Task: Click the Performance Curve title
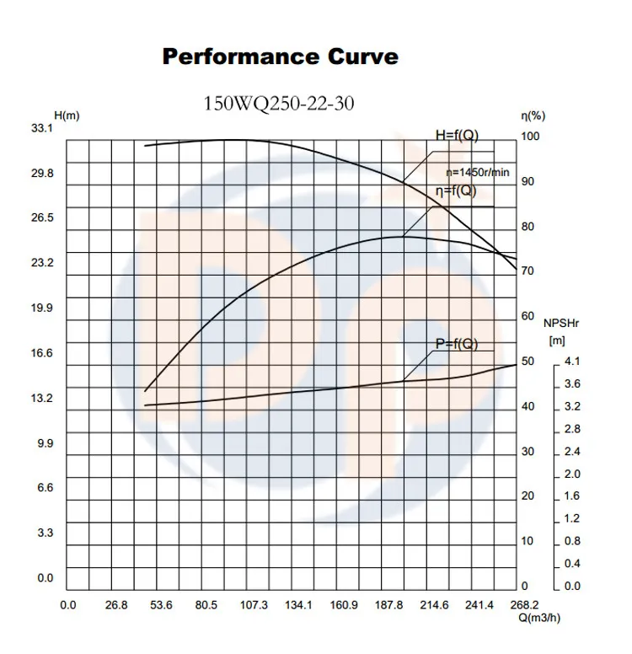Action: click(280, 57)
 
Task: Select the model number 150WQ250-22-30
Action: click(279, 105)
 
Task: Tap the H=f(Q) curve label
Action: click(458, 135)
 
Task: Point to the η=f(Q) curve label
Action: click(456, 190)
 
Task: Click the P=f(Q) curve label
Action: click(456, 343)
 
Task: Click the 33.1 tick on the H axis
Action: click(42, 128)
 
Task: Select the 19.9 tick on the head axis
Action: click(42, 308)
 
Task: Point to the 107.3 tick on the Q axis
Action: click(254, 605)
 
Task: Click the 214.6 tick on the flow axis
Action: click(434, 605)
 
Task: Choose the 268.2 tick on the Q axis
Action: click(524, 605)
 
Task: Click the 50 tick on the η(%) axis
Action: click(528, 362)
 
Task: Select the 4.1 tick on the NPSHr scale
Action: click(571, 362)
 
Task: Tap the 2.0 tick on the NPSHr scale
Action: click(571, 474)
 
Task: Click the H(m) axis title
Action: click(67, 115)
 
